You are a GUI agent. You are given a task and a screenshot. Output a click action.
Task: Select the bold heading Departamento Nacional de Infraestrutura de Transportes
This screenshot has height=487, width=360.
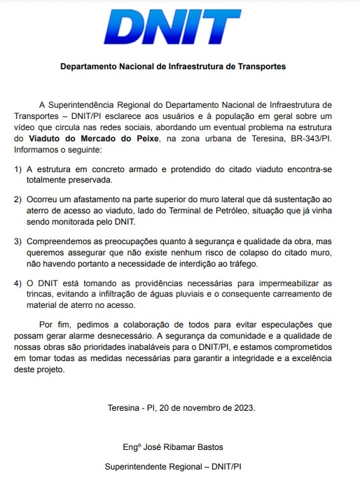pos(172,67)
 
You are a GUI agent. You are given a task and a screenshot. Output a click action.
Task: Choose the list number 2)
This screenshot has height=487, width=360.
pos(18,199)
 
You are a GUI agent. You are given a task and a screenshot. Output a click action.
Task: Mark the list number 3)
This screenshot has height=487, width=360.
pos(18,241)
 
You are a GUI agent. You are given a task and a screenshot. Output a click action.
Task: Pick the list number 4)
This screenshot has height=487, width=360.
pos(18,283)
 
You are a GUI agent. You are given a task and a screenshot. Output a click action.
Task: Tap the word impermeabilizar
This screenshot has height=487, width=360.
pos(287,283)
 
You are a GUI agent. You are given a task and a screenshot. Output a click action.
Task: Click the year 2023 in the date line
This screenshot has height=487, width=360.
pos(242,407)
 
